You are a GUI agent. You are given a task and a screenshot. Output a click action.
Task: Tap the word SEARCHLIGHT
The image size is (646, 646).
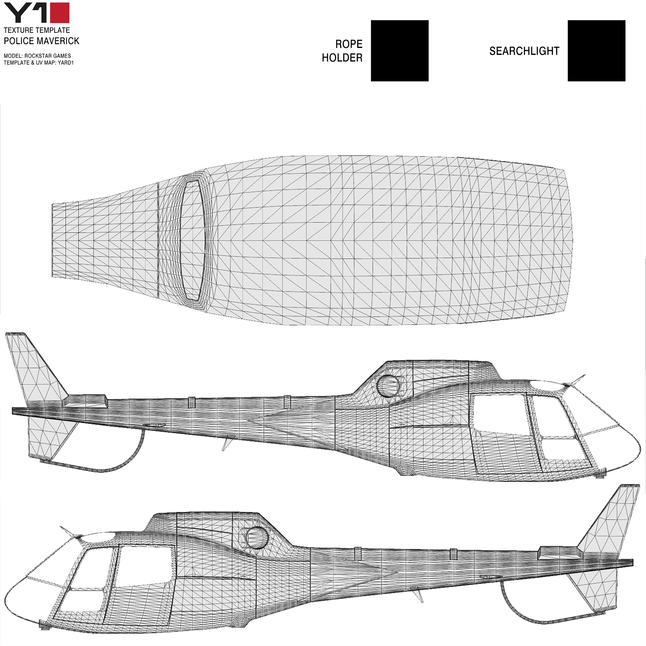(524, 51)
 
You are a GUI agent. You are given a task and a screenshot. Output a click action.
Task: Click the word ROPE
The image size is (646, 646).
(349, 44)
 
